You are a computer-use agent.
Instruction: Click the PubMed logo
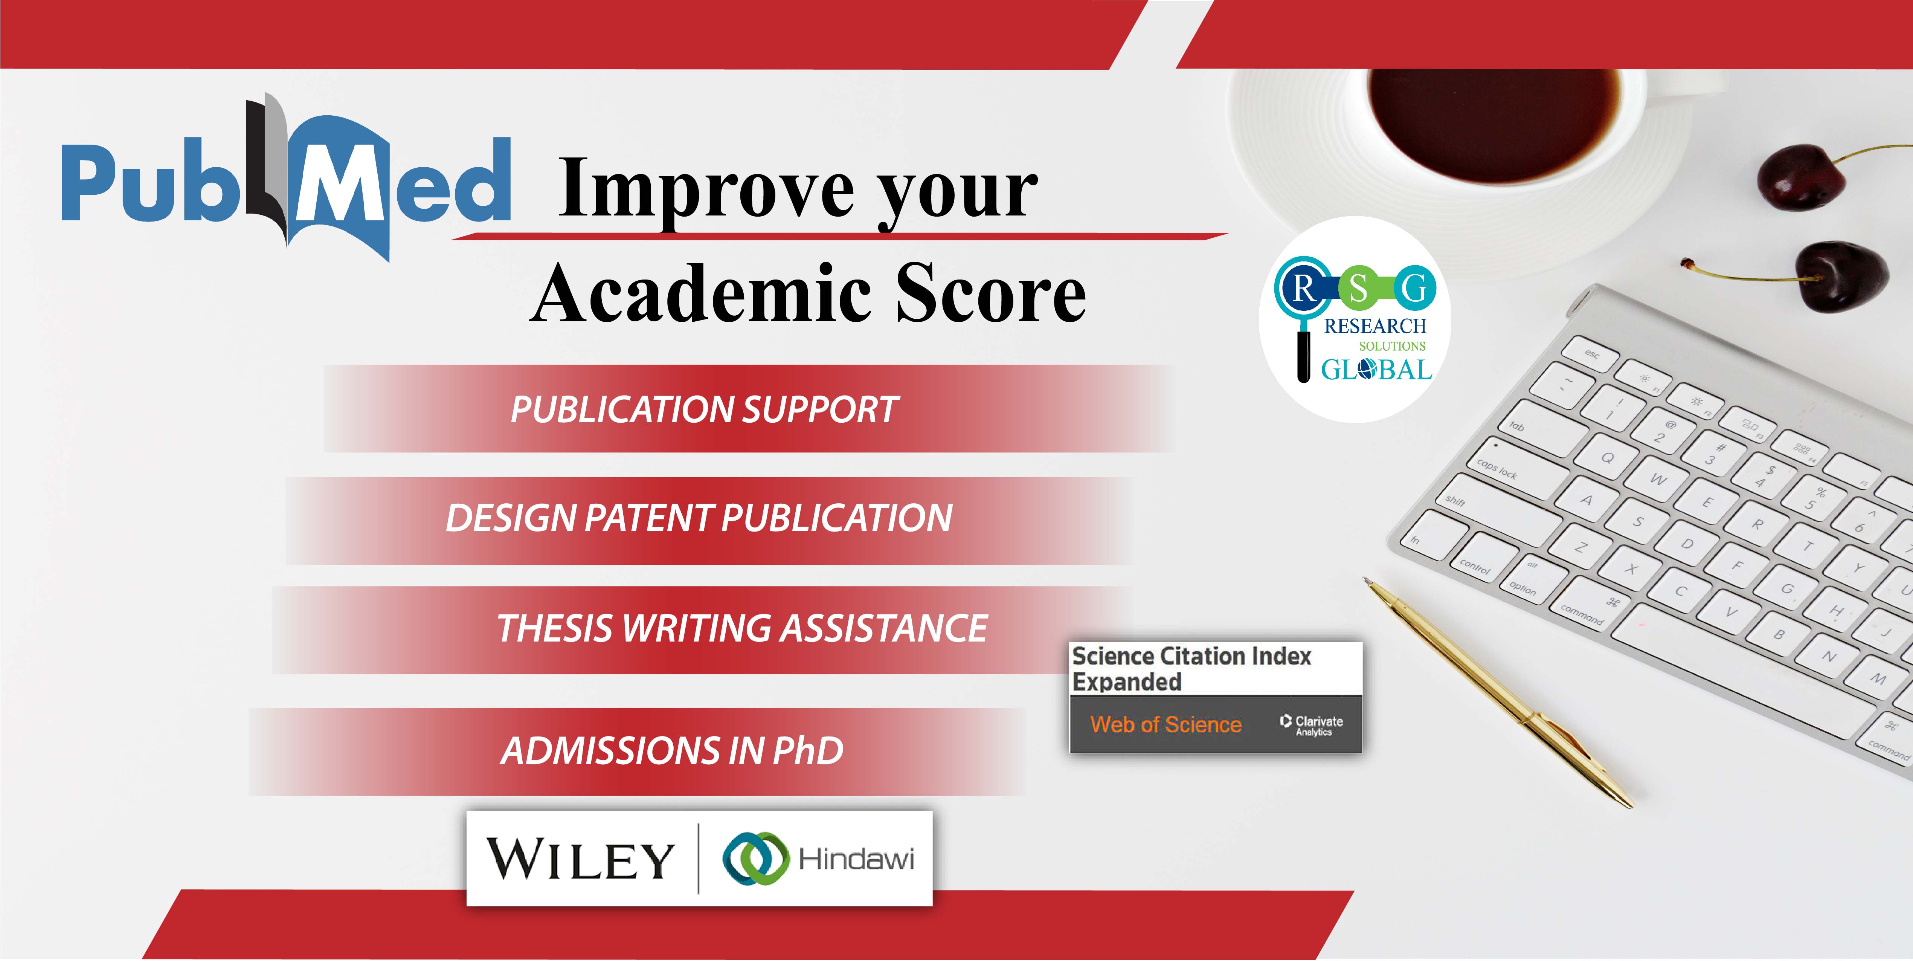click(286, 178)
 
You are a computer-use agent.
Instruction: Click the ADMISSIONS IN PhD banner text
click(672, 750)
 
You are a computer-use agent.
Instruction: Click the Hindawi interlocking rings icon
click(755, 859)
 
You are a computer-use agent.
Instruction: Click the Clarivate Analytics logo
click(1312, 725)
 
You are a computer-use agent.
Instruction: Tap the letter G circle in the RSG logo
click(1415, 287)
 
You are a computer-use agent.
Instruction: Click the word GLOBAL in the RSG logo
click(1376, 369)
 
